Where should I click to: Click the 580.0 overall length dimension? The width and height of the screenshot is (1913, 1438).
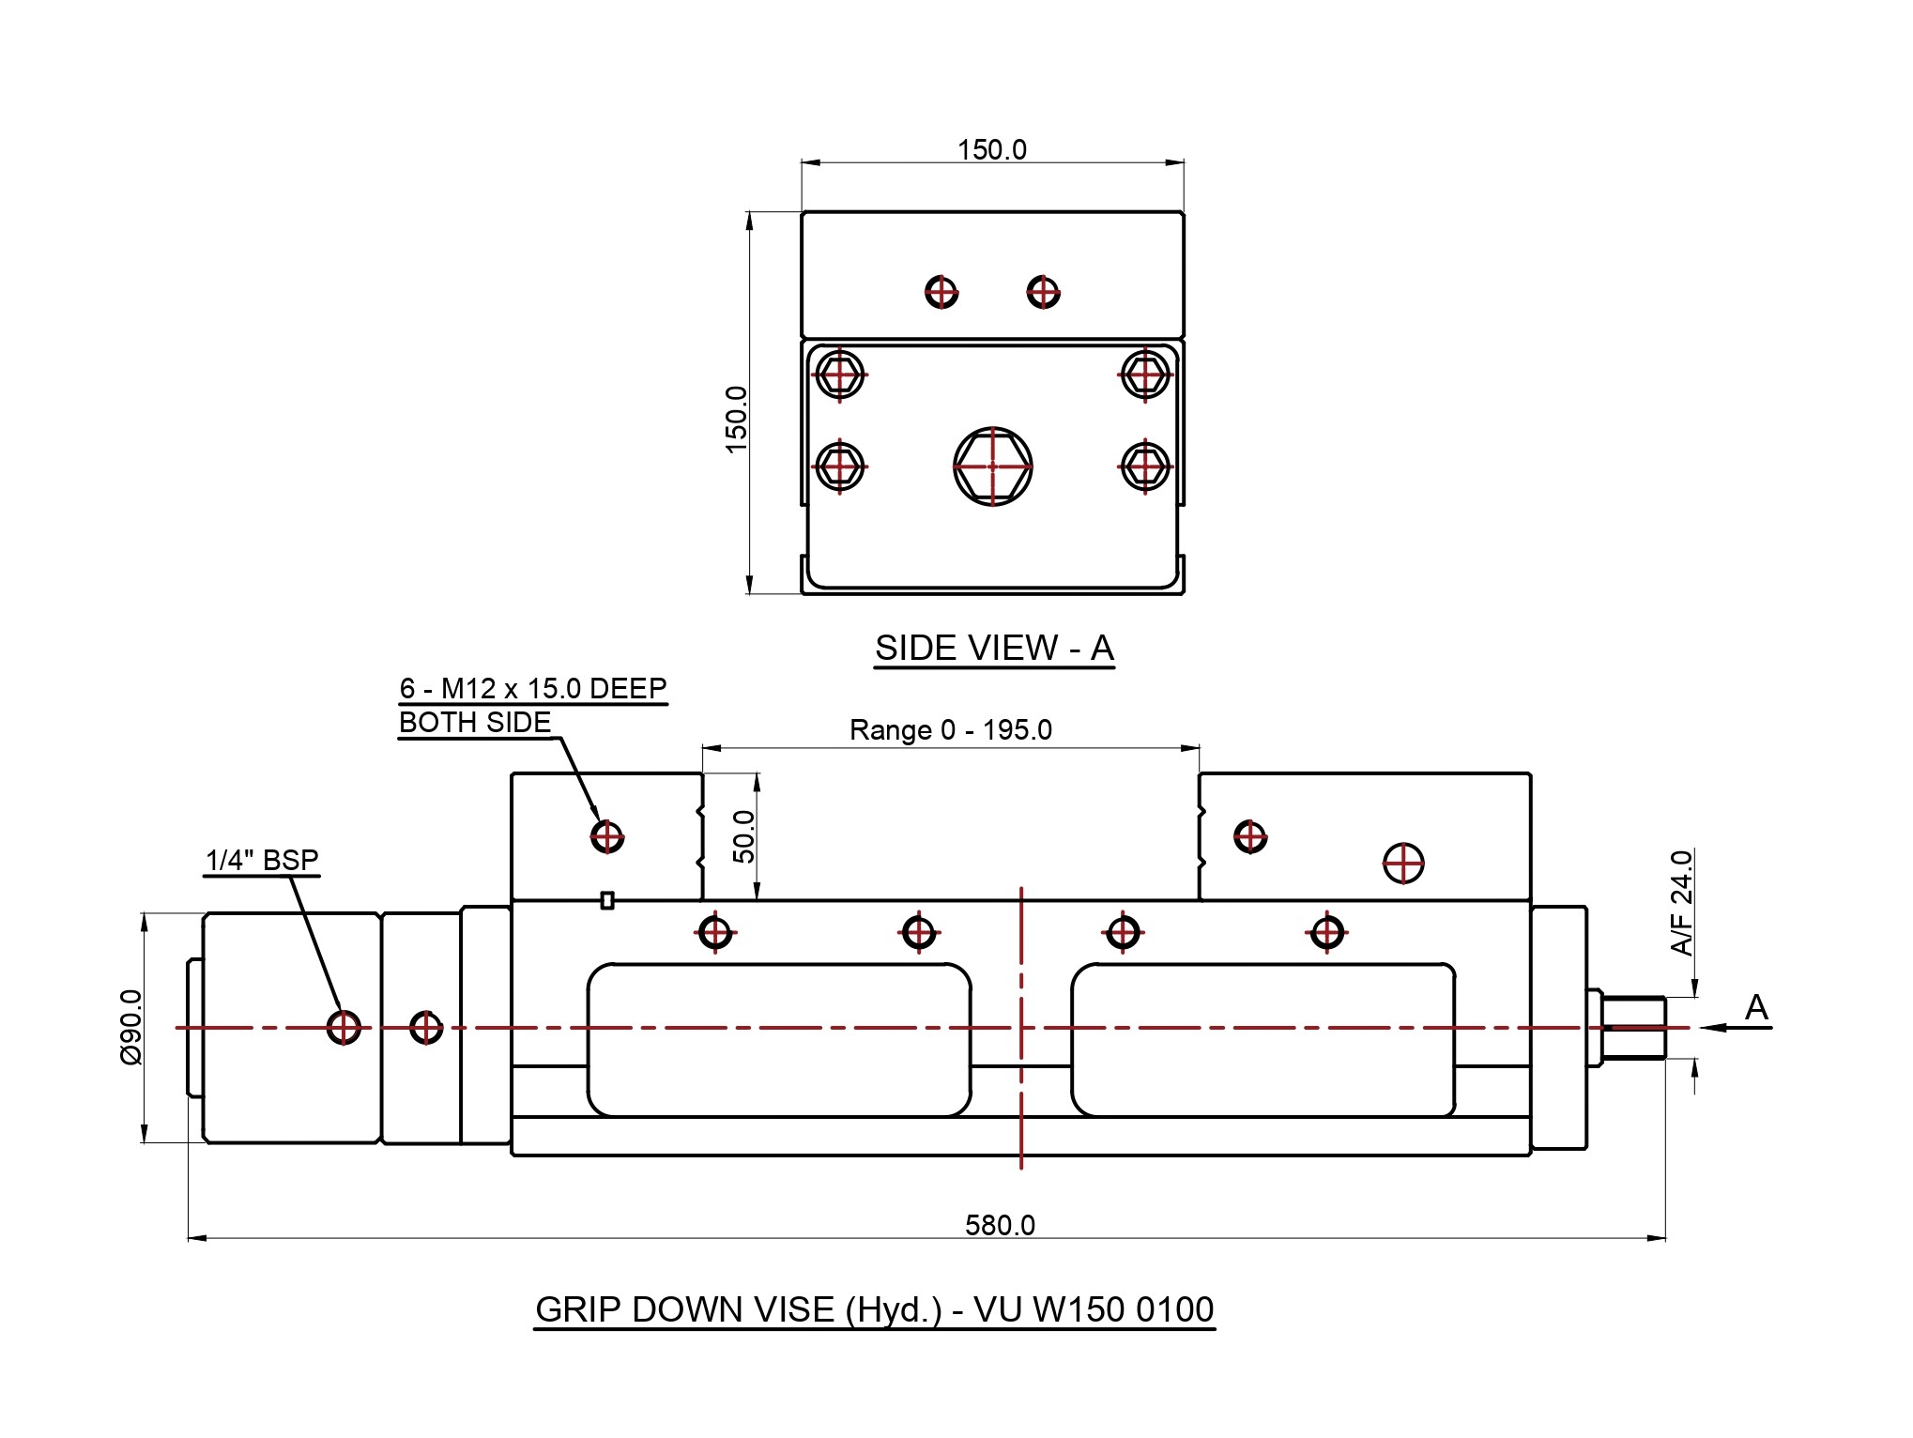pos(1000,1225)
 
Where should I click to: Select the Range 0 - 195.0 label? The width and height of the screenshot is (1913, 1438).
pos(950,730)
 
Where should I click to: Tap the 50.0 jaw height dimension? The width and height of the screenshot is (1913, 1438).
pos(743,836)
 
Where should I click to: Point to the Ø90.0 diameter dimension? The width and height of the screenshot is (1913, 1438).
pos(130,1027)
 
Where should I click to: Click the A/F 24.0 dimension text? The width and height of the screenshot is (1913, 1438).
pos(1682,902)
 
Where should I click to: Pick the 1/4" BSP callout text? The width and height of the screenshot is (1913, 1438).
pos(262,860)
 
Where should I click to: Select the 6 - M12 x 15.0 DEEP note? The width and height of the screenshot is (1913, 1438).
pos(532,689)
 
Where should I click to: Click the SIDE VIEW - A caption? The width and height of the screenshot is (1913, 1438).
pos(994,649)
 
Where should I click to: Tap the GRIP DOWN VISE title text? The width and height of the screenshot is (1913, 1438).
pos(874,1309)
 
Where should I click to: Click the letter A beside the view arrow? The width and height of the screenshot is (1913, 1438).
pos(1756,1008)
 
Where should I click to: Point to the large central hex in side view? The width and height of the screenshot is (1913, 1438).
pos(992,467)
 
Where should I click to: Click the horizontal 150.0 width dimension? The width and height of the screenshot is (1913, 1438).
pos(991,150)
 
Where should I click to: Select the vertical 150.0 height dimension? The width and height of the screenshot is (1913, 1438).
pos(737,420)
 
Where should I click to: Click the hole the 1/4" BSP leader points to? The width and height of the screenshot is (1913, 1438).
pos(344,1027)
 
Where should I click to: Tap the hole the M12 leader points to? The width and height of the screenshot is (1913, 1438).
pos(607,835)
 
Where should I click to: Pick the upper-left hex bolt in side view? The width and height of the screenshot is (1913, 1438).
pos(839,375)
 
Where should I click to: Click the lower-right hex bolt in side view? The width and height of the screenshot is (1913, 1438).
pos(1145,466)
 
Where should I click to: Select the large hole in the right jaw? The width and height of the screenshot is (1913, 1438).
pos(1403,864)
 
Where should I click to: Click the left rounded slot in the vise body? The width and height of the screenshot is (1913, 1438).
pos(779,1040)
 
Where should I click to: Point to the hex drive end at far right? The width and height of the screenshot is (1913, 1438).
pos(1634,1028)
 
